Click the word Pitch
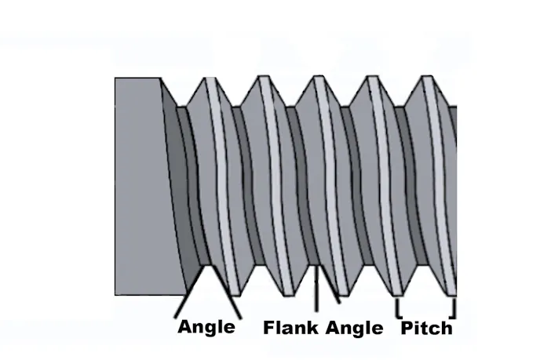426,327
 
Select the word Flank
290,327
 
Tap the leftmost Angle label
206,326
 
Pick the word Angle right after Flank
354,327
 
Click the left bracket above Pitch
398,305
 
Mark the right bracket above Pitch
454,305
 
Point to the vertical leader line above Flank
316,290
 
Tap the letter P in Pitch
407,327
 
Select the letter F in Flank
269,327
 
